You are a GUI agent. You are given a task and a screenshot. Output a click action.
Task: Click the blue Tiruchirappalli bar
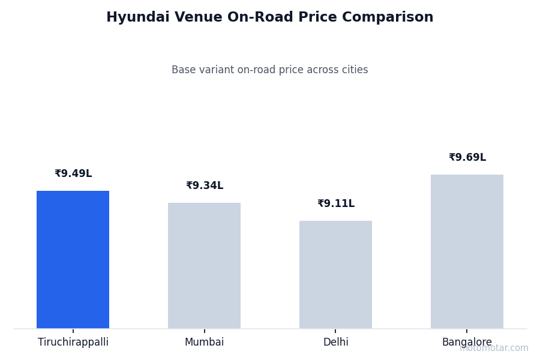coord(73,259)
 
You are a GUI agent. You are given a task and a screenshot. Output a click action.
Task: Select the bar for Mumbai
coord(204,265)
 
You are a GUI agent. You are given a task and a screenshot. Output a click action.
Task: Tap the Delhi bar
coord(335,274)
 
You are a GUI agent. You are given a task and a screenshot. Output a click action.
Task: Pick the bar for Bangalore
coord(467,251)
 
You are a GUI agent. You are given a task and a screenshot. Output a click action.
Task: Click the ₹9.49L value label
coord(73,174)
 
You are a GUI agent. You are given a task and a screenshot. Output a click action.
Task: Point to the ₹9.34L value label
coord(205,186)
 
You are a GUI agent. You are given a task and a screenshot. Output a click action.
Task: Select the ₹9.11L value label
coord(336,204)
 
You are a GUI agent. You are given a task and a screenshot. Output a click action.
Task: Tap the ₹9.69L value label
coord(467,158)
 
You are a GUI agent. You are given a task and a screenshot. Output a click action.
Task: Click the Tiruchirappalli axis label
coord(73,343)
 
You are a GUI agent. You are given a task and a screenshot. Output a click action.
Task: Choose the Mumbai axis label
coord(204,343)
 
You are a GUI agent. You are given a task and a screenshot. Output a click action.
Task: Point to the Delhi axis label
coord(335,343)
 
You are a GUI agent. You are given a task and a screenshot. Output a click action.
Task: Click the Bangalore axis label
coord(467,343)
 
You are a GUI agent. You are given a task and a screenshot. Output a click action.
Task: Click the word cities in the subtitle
coord(353,70)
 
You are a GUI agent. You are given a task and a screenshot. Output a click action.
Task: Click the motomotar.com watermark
coord(494,348)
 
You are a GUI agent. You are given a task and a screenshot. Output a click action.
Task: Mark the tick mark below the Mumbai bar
coord(204,331)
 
